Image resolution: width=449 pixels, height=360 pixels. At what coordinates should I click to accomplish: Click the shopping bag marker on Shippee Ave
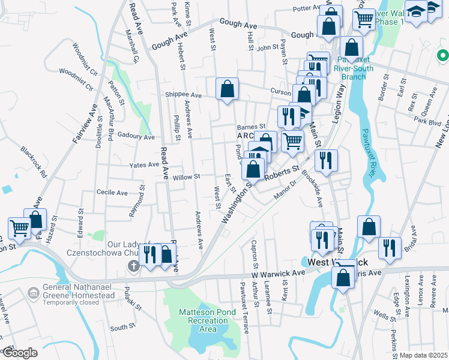(227, 89)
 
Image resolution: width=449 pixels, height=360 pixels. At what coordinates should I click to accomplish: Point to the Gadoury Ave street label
(136, 136)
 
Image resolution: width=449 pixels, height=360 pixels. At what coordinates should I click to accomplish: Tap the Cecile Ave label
(112, 193)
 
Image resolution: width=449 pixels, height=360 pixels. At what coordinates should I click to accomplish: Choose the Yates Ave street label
(144, 164)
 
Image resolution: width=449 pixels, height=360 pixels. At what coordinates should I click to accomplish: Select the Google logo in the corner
(20, 353)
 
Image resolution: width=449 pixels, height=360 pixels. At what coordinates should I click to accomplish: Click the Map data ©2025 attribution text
(424, 355)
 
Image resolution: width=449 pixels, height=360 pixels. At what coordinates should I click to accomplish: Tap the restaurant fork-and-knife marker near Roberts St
(326, 160)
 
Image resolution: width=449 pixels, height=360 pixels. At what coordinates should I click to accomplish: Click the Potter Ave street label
(308, 8)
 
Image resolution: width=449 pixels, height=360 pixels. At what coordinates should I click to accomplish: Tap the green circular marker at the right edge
(443, 56)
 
